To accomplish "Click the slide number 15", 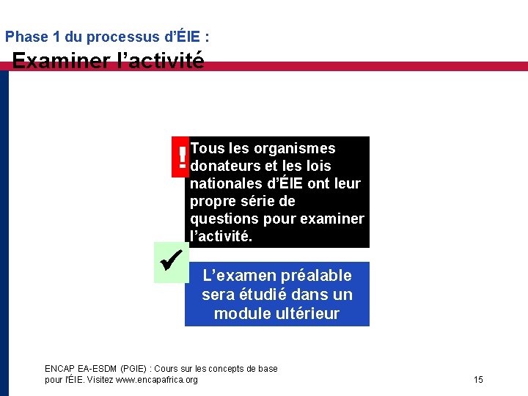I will point(478,379).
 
